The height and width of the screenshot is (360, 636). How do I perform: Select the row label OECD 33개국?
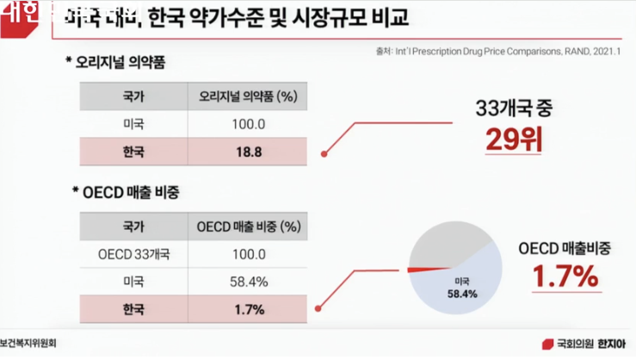[134, 255]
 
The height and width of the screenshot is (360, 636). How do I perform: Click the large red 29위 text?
[513, 138]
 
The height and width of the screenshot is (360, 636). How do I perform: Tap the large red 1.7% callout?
[564, 277]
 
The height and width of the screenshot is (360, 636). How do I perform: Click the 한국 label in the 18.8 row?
[134, 152]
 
